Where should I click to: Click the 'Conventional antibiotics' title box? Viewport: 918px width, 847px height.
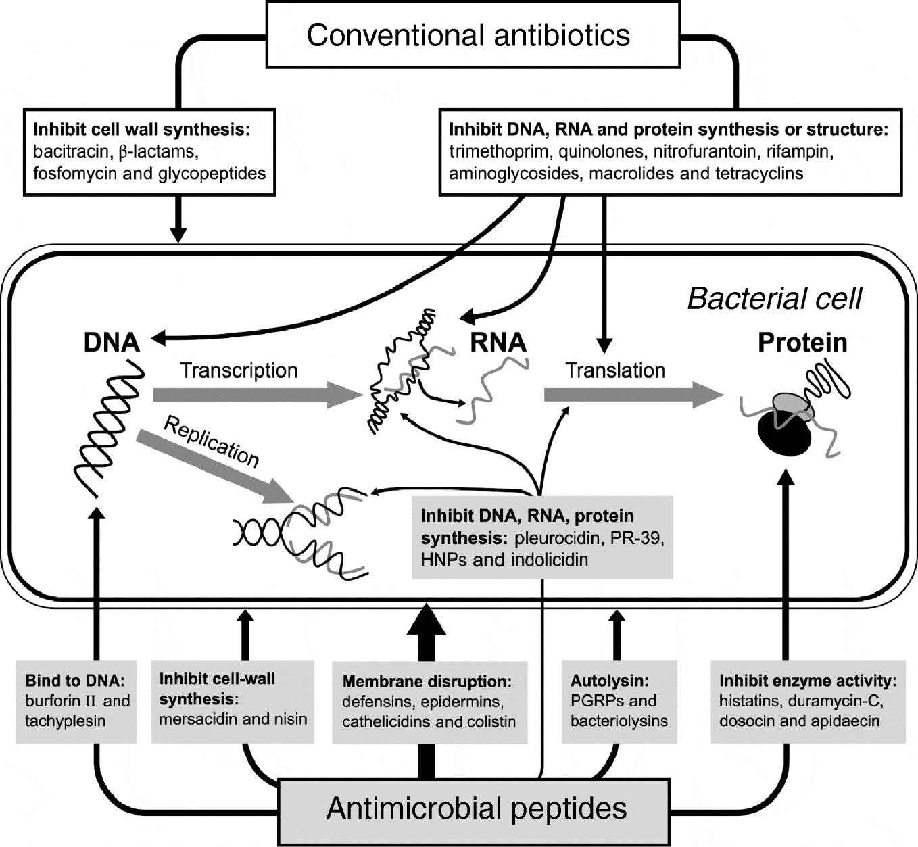(x=468, y=35)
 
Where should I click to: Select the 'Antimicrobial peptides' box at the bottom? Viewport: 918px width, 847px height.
(x=476, y=808)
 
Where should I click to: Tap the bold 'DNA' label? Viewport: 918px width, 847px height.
(x=112, y=342)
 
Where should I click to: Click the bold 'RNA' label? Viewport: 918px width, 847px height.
(x=498, y=342)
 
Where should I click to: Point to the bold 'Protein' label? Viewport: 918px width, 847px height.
(x=802, y=342)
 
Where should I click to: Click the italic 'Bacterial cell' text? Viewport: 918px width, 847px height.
(x=775, y=298)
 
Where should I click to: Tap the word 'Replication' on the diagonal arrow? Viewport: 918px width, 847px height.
(x=212, y=442)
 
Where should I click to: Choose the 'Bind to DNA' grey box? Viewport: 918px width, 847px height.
(x=76, y=700)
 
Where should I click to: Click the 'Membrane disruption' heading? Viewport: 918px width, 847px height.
(x=427, y=681)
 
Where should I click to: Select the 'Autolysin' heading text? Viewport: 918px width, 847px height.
(x=601, y=681)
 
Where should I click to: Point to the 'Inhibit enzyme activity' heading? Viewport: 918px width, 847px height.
(x=808, y=681)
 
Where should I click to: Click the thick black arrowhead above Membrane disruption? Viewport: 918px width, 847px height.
(x=426, y=620)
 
